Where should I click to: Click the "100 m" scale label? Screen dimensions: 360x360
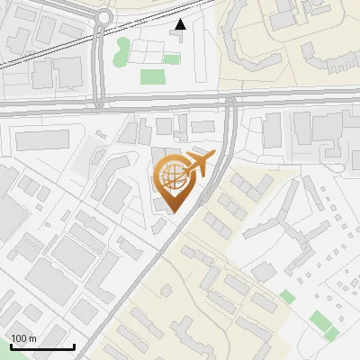(23, 338)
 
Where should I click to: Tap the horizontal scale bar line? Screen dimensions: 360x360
(41, 346)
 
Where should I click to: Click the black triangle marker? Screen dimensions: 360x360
(181, 24)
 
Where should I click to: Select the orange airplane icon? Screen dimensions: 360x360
(200, 165)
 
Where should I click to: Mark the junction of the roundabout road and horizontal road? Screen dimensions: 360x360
(96, 103)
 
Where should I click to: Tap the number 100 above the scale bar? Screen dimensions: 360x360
(19, 338)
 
